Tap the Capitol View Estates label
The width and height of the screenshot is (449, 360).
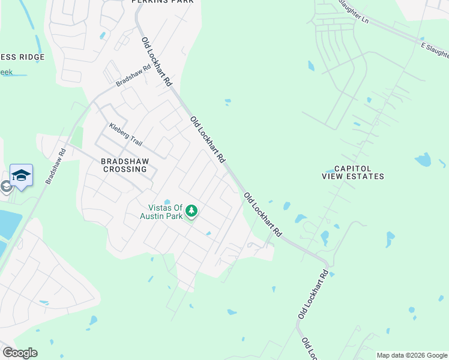point(354,173)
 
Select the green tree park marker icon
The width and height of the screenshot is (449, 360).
point(191,212)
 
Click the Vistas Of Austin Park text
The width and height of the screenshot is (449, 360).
point(164,212)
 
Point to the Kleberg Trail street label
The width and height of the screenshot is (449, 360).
point(125,135)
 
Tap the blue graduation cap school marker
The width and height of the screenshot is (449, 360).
point(21,176)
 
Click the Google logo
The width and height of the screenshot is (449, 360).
point(20,353)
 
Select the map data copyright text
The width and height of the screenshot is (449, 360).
point(412,355)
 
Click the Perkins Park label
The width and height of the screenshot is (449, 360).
point(163,2)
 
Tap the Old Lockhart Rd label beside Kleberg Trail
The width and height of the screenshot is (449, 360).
point(208,140)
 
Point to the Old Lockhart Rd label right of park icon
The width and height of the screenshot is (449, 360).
point(263,214)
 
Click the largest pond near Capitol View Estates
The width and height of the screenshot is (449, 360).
point(423,160)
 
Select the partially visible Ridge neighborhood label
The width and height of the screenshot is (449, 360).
point(22,57)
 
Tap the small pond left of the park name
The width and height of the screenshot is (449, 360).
point(167,202)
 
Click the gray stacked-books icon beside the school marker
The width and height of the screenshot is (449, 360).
point(6,186)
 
